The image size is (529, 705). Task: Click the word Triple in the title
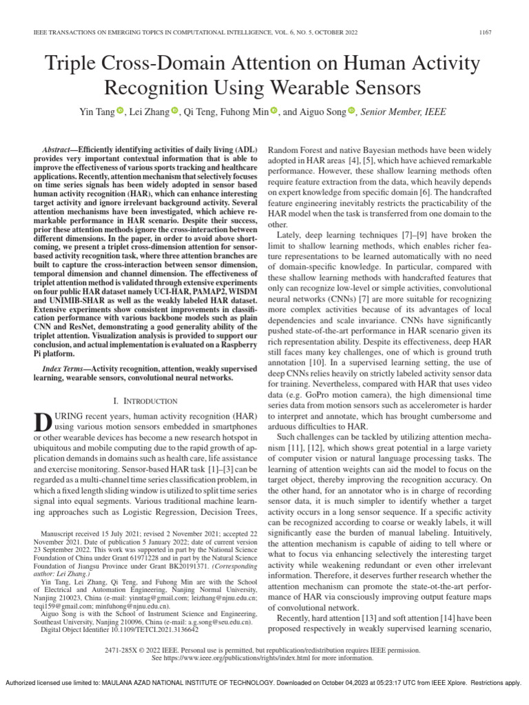coord(74,66)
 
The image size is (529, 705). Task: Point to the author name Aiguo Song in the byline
coord(323,111)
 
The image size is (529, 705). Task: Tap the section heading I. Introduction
coord(145,401)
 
